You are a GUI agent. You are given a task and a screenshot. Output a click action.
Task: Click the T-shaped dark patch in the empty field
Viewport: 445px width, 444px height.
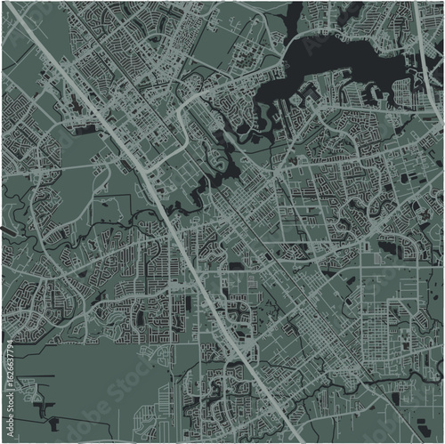pyautogui.click(x=41, y=405)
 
